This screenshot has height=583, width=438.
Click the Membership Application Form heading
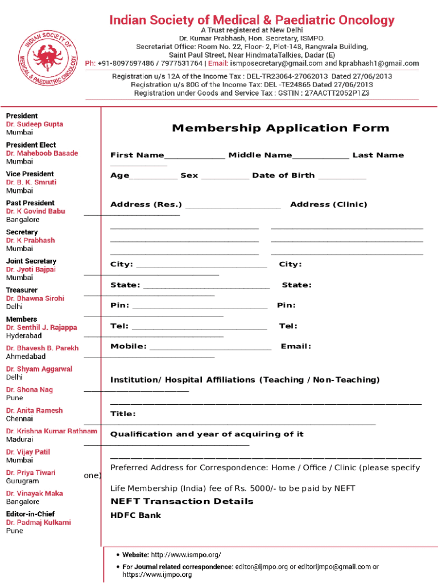[280, 128]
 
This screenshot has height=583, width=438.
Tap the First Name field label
[137, 155]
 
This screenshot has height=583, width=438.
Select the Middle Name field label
[260, 155]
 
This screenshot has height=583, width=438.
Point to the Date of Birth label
[283, 175]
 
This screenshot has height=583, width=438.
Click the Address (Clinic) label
[329, 204]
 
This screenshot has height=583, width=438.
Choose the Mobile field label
[129, 346]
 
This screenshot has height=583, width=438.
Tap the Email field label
[296, 346]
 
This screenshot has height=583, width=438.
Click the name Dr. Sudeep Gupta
[35, 124]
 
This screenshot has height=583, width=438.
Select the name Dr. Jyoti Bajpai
[31, 269]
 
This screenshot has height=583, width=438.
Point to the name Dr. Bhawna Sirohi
[35, 298]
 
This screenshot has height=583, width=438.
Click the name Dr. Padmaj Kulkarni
[39, 522]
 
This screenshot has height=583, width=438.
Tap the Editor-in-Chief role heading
[31, 514]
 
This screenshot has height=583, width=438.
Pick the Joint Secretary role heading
[31, 261]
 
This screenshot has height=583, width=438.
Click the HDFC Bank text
[136, 515]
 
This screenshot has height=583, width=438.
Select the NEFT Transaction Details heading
[182, 501]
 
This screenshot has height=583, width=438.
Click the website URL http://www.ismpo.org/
[186, 555]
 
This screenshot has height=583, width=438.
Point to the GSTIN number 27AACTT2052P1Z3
[337, 92]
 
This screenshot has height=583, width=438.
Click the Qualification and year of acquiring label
[207, 434]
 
